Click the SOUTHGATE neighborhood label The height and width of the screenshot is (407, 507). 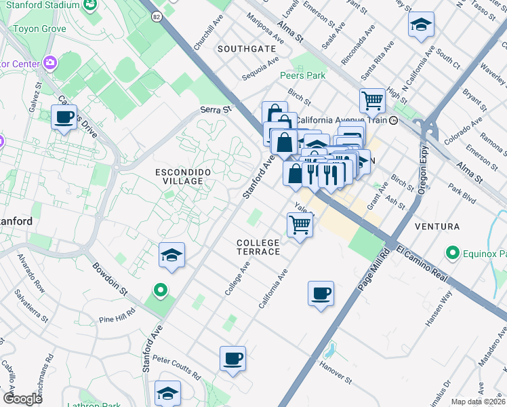[x=247, y=49]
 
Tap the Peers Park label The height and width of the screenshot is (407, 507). [x=303, y=75]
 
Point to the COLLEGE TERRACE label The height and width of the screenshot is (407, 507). [x=258, y=247]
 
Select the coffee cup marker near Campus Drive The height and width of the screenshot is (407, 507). [x=64, y=117]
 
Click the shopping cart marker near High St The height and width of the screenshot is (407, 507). [x=373, y=101]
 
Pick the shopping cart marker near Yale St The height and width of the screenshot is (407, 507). [x=300, y=225]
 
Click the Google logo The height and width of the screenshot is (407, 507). [x=22, y=399]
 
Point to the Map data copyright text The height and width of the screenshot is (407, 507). [x=478, y=402]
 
